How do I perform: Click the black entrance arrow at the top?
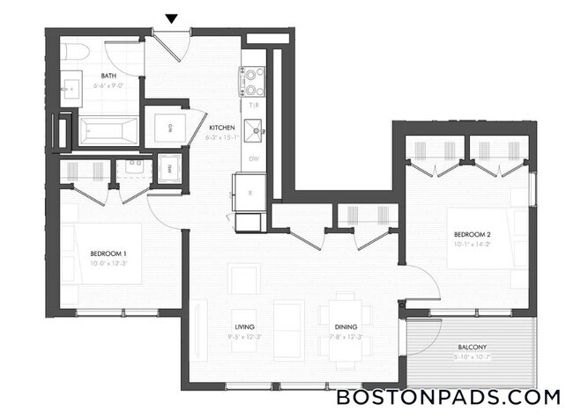click(x=172, y=18)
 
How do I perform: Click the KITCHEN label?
click(x=220, y=126)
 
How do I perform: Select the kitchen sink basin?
click(x=256, y=130)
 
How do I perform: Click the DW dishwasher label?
click(x=253, y=159)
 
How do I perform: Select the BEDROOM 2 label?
click(x=472, y=234)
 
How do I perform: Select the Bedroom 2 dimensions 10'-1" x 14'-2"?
click(x=472, y=244)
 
